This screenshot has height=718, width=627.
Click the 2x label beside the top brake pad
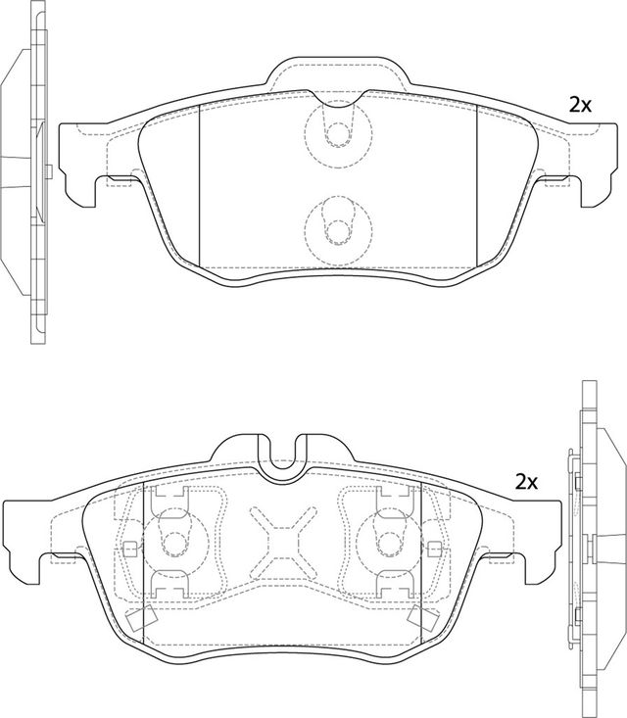581,105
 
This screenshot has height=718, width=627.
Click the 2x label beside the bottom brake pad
527,482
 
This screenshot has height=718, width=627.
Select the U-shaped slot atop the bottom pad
285,460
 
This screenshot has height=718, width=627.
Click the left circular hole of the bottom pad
174,541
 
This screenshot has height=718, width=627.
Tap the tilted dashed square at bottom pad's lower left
138,618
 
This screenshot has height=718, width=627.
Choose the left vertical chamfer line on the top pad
200,181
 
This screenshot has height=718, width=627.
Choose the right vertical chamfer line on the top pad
476,181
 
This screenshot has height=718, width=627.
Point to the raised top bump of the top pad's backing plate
338,71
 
